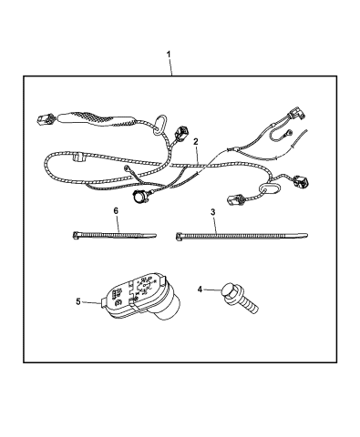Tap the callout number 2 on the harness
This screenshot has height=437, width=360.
click(195, 142)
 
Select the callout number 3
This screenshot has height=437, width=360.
click(211, 212)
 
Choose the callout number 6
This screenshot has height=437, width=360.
click(115, 210)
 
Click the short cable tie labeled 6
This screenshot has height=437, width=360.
click(113, 236)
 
